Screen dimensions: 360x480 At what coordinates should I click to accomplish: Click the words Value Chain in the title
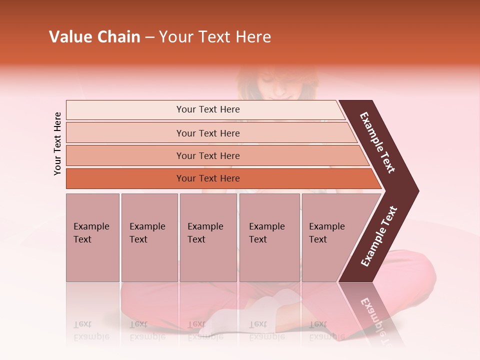[94, 37]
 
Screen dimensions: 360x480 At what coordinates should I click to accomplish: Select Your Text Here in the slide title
[215, 37]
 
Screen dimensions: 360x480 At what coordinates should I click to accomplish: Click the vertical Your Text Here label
[57, 143]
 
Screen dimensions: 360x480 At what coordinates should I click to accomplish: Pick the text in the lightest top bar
[208, 109]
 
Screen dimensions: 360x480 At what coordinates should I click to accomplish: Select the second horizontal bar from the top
[208, 133]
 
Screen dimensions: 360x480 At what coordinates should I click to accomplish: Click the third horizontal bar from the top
[208, 155]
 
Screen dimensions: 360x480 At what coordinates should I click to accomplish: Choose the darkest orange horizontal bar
[208, 178]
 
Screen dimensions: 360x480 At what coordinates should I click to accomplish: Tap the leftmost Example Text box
[92, 237]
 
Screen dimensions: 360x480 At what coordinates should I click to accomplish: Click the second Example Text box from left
[149, 237]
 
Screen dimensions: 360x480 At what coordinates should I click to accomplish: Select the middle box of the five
[208, 237]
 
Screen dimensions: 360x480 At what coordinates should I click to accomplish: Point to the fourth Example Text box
[269, 237]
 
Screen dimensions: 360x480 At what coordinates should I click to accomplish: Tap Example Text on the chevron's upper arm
[377, 142]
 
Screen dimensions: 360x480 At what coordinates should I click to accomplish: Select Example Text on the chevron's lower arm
[379, 236]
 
